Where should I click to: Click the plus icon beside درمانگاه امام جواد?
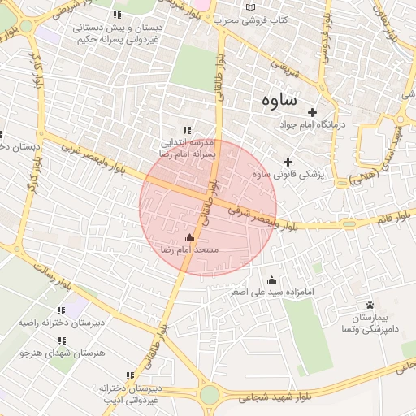point(312,110)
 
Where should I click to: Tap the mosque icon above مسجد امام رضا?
point(190,238)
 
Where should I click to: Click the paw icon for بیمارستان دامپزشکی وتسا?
point(370,304)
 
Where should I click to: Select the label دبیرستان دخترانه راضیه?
point(62,323)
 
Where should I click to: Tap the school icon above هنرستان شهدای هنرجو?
point(62,340)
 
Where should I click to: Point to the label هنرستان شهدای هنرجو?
point(62,353)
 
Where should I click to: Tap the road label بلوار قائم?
point(396,219)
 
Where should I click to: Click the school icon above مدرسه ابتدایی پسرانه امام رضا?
point(188,129)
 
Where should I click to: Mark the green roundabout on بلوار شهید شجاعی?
point(209,396)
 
